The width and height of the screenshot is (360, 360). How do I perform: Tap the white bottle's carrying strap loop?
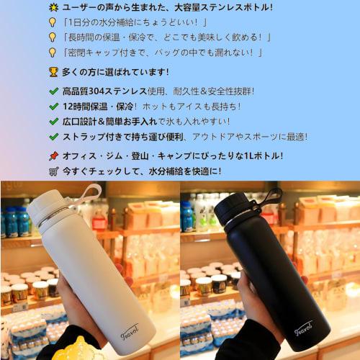90,192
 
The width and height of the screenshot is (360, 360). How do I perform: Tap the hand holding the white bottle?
65,302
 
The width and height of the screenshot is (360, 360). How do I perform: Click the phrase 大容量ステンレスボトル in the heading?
223,8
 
